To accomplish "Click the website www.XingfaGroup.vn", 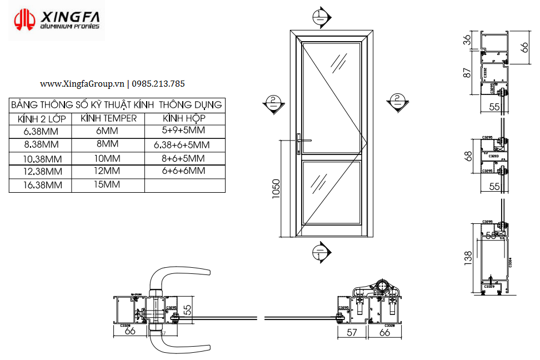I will [82, 84].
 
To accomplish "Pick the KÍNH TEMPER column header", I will [108, 119].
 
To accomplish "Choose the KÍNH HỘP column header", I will [184, 119].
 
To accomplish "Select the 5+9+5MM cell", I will [184, 131].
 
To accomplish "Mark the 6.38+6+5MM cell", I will [184, 144].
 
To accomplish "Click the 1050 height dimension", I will [276, 189].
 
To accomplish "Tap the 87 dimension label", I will [467, 72].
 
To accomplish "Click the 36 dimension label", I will [467, 39].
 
